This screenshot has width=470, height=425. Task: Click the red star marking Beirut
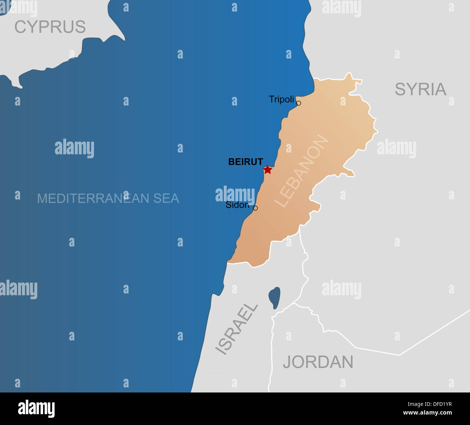coord(268,169)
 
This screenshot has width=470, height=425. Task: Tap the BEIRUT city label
coord(245,162)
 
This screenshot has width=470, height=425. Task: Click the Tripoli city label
coord(281,99)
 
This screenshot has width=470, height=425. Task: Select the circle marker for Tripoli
coord(299,103)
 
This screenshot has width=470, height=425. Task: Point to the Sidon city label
coord(237,205)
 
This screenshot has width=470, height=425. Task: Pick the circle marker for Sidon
coord(255,208)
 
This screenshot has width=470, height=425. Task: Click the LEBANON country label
coord(302,171)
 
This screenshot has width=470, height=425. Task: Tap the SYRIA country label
coord(420,89)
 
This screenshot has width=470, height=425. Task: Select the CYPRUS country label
coord(50,27)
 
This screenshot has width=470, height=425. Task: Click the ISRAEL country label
coord(236,329)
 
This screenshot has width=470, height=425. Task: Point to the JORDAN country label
coord(318,362)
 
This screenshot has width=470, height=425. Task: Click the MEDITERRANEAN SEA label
coord(108,198)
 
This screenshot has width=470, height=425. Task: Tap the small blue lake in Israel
coord(274,298)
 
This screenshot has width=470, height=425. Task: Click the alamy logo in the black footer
coord(37,408)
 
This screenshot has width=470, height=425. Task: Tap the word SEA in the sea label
coord(165,198)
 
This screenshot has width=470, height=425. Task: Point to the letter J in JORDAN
coord(287,362)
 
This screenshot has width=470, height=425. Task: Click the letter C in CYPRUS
coord(21,27)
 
